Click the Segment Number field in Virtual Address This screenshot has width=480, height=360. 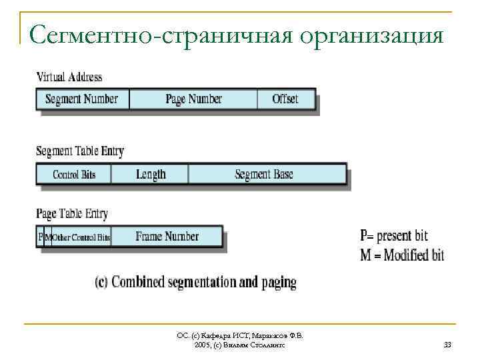81,99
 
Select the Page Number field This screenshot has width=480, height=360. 193,99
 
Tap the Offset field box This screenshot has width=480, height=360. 285,99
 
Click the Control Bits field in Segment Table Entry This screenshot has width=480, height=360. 74,175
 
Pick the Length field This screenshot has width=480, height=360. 151,175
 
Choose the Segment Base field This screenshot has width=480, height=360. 265,175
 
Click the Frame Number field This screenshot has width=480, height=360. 167,237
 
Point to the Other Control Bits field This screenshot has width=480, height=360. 81,237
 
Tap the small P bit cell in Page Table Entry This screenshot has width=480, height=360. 40,237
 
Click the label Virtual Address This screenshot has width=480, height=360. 69,76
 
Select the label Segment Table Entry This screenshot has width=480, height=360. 79,151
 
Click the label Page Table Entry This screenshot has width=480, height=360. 71,214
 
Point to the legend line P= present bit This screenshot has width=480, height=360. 394,236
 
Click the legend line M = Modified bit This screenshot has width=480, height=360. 401,255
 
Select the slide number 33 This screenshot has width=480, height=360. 447,345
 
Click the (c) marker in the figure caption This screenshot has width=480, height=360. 101,282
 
